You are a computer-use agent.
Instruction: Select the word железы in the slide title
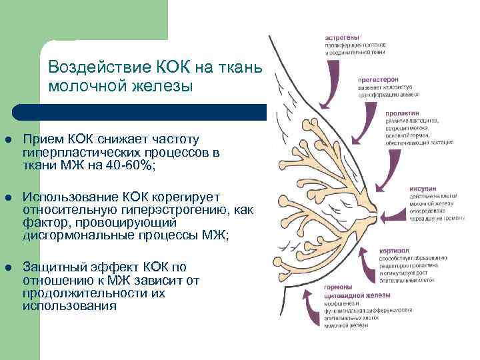[159, 86]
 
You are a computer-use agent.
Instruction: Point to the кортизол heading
[377, 250]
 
